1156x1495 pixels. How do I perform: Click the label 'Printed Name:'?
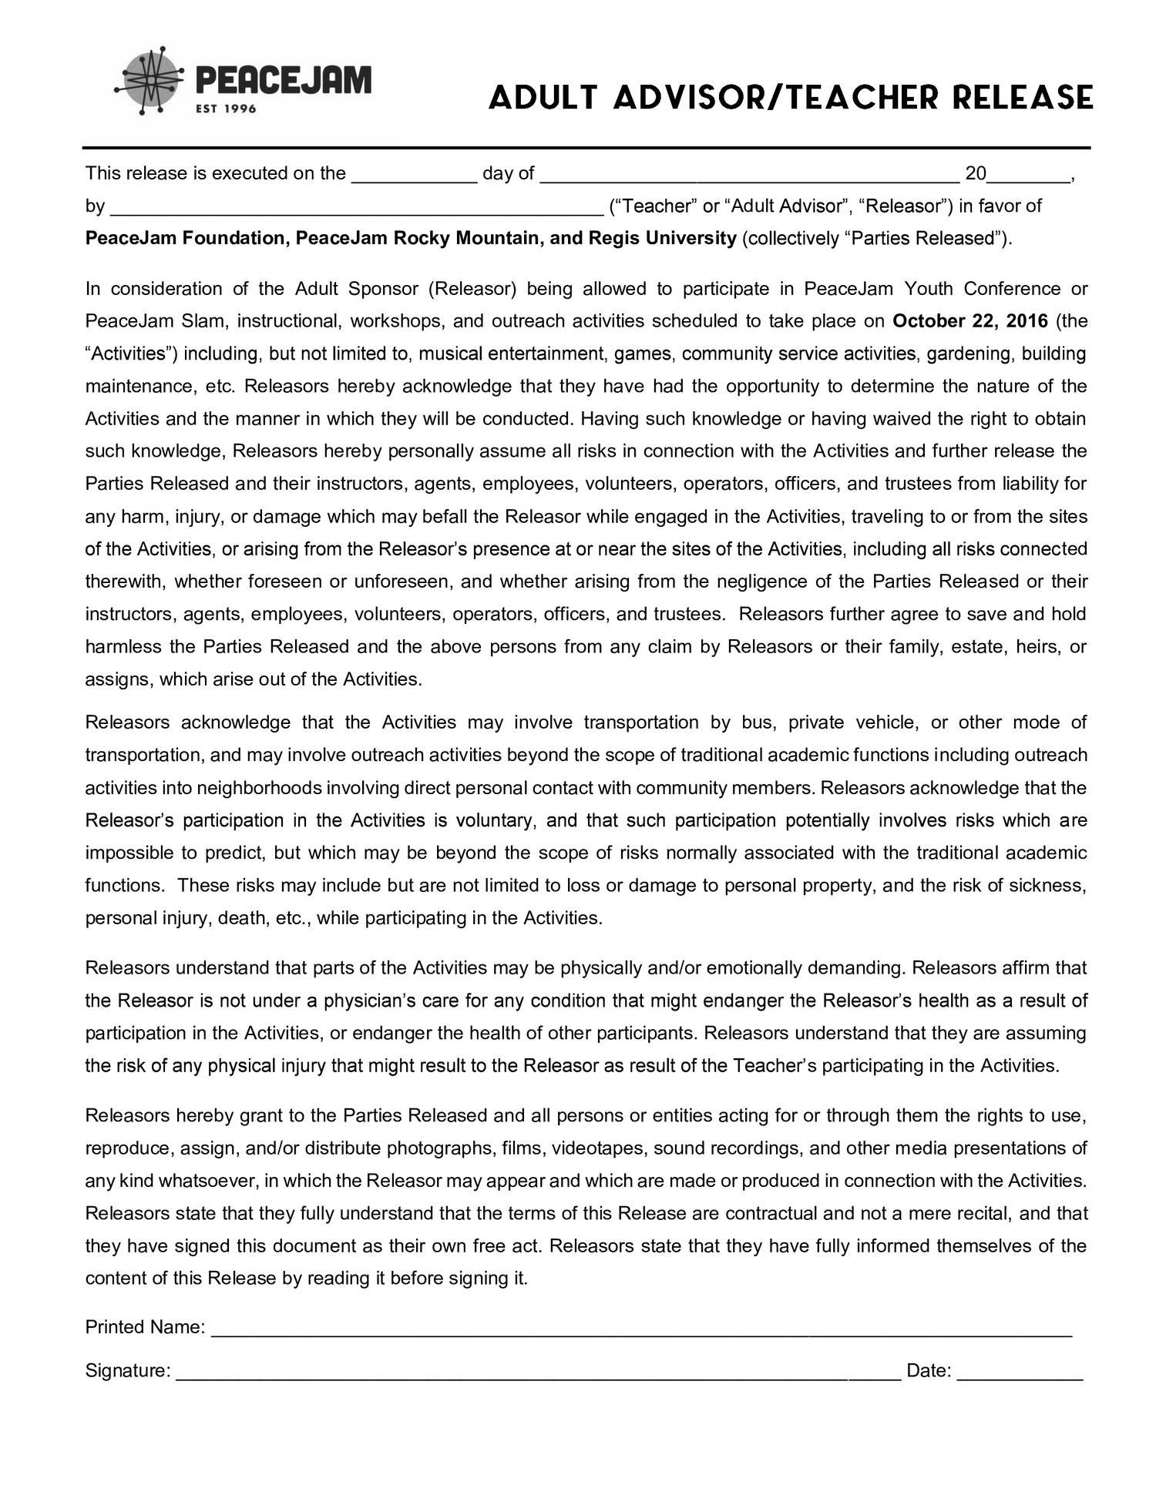tap(145, 1328)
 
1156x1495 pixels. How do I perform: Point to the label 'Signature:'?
tap(127, 1371)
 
